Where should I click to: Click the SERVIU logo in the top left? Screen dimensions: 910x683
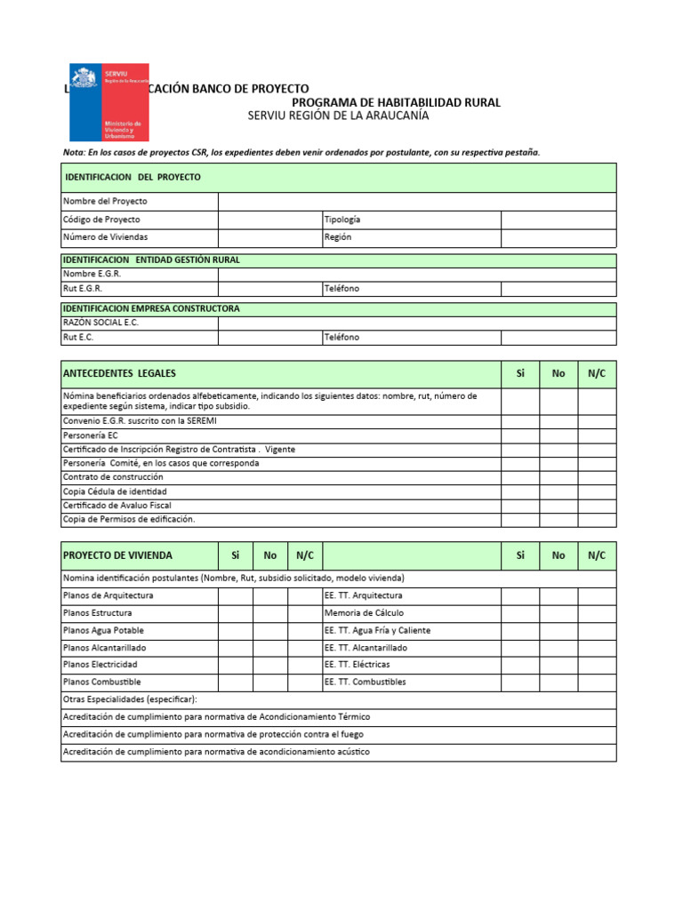108,102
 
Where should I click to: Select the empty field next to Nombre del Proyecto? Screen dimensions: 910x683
416,201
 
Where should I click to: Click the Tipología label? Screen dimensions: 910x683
342,220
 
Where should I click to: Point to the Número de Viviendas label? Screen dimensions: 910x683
105,237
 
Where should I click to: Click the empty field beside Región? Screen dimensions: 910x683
558,237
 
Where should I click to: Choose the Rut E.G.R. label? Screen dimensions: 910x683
83,289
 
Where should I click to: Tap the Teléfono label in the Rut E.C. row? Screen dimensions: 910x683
342,338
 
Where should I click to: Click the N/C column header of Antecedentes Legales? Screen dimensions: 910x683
597,373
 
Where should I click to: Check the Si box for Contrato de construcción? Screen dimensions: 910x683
520,477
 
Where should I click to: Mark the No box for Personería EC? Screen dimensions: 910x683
558,435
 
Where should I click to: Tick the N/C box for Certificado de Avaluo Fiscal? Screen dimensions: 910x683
597,506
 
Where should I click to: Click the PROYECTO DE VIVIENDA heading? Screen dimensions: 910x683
117,555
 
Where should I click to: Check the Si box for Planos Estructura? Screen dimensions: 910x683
236,613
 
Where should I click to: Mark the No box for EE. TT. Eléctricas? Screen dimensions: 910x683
558,665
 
